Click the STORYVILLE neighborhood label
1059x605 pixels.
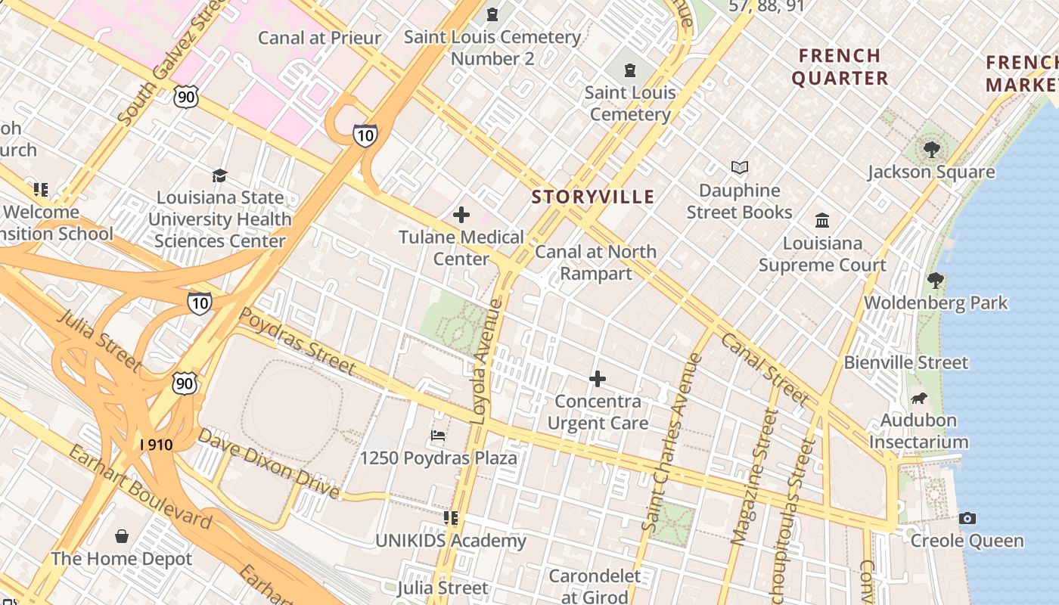592,197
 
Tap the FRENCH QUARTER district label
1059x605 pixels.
840,67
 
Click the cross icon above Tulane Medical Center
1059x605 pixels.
461,215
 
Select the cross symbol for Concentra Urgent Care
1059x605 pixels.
598,378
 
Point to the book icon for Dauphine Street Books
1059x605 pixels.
739,167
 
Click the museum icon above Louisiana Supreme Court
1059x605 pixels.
822,220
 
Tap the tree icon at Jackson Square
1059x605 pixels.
931,149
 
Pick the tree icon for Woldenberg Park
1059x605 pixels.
936,281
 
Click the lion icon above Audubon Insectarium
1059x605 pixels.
919,398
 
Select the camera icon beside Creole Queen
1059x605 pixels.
967,519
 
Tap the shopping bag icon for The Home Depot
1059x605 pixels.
122,536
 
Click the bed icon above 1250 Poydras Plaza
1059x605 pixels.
438,436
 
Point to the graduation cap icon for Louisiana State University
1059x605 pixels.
219,175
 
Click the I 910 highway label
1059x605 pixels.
157,445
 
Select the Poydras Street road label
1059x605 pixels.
297,340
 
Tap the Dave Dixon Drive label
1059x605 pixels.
269,463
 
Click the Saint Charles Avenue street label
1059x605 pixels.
672,442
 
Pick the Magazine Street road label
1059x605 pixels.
756,476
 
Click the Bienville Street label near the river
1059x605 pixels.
905,363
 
